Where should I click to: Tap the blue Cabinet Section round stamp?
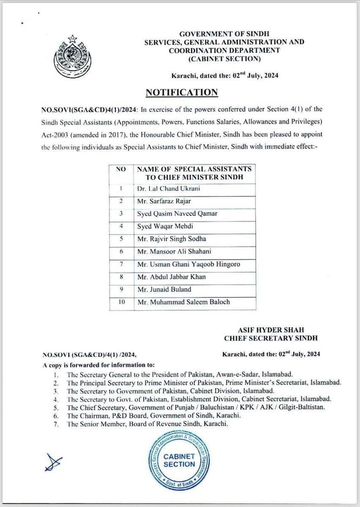(179, 458)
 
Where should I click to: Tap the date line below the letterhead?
(224, 75)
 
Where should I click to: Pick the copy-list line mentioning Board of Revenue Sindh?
(147, 425)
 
